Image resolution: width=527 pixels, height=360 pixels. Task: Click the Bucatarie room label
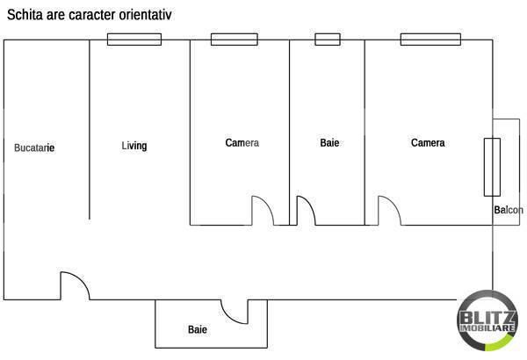coord(34,148)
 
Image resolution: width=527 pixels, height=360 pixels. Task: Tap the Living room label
coord(134,146)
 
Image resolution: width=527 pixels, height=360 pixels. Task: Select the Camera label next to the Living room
coord(242,143)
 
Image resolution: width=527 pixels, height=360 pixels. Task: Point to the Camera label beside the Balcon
coord(428,143)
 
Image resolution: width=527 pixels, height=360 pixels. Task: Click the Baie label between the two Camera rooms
coord(329,143)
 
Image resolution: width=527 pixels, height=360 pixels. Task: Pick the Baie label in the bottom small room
coord(198,330)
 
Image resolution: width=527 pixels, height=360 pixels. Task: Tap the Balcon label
coord(509,210)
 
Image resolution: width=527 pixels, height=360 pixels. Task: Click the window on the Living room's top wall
coord(134,39)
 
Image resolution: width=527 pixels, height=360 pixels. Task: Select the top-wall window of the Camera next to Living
coord(233,39)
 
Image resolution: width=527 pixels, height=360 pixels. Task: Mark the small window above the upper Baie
coord(328,39)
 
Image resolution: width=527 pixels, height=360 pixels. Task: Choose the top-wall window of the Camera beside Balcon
coord(430,39)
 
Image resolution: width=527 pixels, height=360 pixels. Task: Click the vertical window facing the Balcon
coord(491,167)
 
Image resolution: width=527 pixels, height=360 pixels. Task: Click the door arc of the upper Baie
coord(306,211)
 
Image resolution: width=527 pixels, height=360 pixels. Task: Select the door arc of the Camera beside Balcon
coord(389,211)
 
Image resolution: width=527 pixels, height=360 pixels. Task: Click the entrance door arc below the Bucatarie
coord(73,285)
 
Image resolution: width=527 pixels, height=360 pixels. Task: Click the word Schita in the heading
coord(25,13)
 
